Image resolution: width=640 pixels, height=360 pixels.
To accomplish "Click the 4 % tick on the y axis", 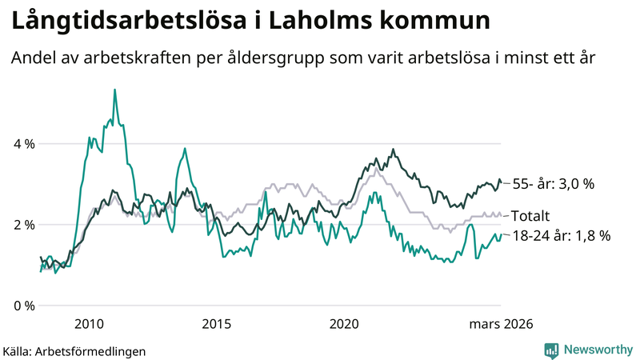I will (24, 144).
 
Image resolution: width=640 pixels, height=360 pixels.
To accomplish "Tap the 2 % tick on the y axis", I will (24, 225).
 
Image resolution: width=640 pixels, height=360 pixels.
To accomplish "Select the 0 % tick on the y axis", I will (24, 306).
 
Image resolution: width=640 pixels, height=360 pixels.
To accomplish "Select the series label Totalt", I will (531, 216).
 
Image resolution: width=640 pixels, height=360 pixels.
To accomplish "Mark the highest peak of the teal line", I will (114, 90).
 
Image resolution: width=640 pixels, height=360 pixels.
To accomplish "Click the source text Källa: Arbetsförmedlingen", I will (74, 350).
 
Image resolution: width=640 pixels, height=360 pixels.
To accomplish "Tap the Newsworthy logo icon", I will (551, 350).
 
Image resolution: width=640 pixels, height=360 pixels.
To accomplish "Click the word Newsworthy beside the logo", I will (596, 350).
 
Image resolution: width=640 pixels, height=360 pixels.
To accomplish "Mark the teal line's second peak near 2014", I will (185, 148).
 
